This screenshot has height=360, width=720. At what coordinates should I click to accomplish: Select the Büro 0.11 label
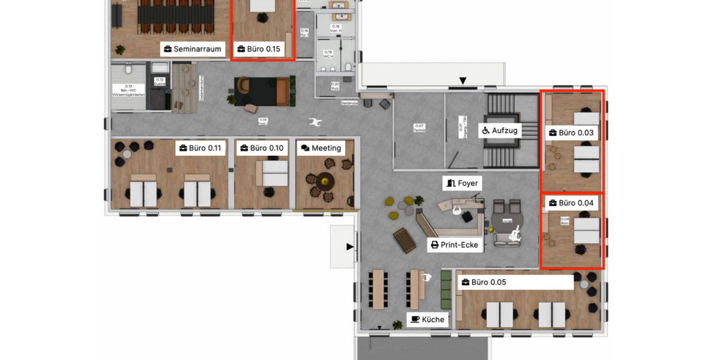pyautogui.click(x=200, y=148)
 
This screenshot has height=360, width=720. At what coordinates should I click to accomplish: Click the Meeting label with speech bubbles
pyautogui.click(x=321, y=148)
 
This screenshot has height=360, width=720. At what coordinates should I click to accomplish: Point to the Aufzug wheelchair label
pyautogui.click(x=499, y=130)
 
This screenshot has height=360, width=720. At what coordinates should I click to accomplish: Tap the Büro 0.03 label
pyautogui.click(x=571, y=133)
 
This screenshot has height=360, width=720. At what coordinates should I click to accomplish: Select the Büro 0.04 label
pyautogui.click(x=571, y=203)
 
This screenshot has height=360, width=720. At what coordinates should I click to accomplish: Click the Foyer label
pyautogui.click(x=463, y=183)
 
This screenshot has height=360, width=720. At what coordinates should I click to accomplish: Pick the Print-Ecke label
pyautogui.click(x=455, y=245)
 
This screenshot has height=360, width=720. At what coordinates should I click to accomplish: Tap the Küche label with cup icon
pyautogui.click(x=428, y=319)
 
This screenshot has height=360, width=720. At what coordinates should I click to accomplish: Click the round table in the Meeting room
pyautogui.click(x=325, y=179)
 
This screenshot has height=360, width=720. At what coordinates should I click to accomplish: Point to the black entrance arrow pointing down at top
pyautogui.click(x=463, y=80)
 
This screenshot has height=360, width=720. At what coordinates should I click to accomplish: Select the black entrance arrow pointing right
pyautogui.click(x=350, y=246)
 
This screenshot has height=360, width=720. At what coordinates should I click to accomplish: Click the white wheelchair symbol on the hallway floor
pyautogui.click(x=314, y=122)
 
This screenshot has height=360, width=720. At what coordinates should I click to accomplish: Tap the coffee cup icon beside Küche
pyautogui.click(x=415, y=319)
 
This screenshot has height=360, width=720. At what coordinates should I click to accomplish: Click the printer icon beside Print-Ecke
pyautogui.click(x=435, y=245)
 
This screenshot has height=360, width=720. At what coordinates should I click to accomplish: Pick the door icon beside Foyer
pyautogui.click(x=451, y=183)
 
